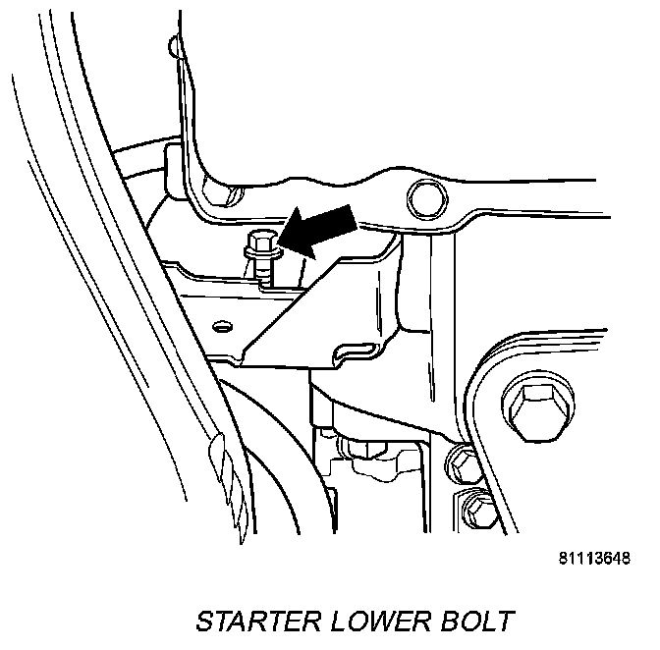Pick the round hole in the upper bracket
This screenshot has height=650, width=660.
(423, 199)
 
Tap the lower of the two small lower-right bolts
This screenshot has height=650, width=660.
(477, 509)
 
